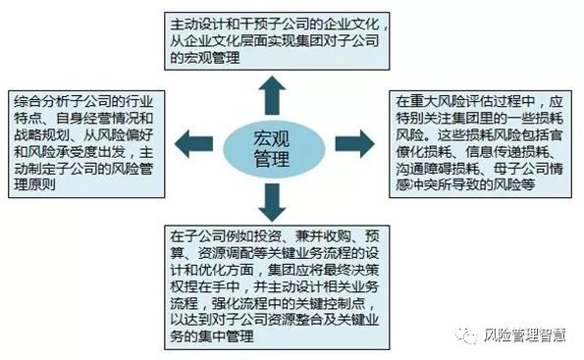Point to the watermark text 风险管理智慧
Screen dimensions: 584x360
[x=525, y=339]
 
